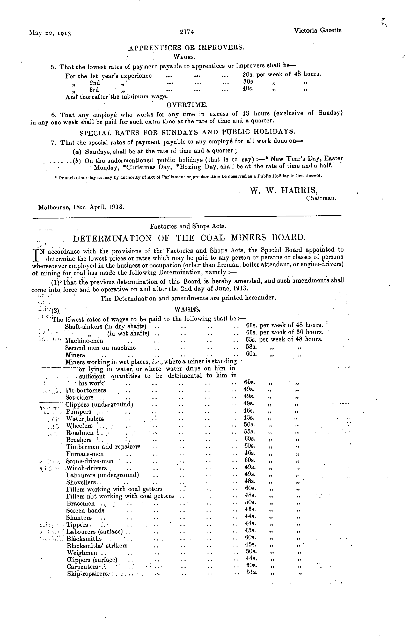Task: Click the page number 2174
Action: click(x=187, y=32)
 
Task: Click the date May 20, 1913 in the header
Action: click(x=50, y=33)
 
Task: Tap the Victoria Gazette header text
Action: click(x=317, y=31)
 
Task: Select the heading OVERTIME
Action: click(x=187, y=105)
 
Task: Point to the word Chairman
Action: click(x=321, y=198)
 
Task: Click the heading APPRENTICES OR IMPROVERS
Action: click(x=186, y=48)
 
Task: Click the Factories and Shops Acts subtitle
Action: click(x=188, y=226)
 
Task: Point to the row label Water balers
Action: click(x=82, y=419)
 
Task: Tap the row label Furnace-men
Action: click(x=85, y=454)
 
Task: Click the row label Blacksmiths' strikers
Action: click(x=97, y=545)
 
